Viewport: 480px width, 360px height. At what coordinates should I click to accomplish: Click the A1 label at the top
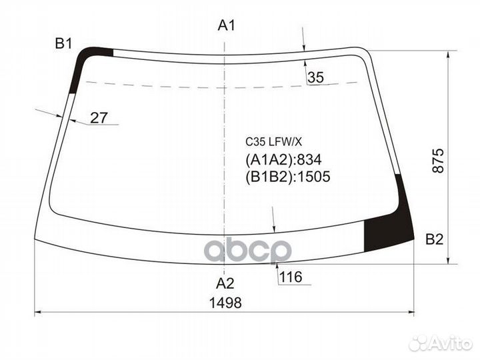[x=227, y=26]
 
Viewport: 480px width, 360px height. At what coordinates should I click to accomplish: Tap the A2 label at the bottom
[x=227, y=281]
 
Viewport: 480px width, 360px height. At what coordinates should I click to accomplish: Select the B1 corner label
[x=63, y=44]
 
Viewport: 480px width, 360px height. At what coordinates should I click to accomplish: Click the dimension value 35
[x=315, y=78]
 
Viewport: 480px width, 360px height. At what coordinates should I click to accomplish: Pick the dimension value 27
[x=99, y=118]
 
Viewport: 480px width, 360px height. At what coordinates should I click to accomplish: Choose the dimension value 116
[x=288, y=277]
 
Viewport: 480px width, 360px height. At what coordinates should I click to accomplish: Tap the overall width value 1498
[x=227, y=302]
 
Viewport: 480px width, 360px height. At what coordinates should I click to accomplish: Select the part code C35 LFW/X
[x=274, y=141]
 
